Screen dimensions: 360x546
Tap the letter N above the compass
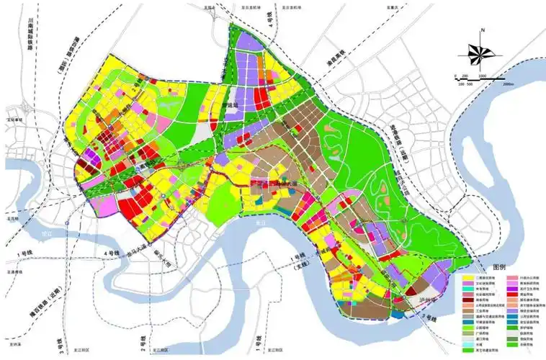[483, 30]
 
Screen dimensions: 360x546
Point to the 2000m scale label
[508, 85]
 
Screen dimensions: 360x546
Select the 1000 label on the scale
[480, 74]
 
